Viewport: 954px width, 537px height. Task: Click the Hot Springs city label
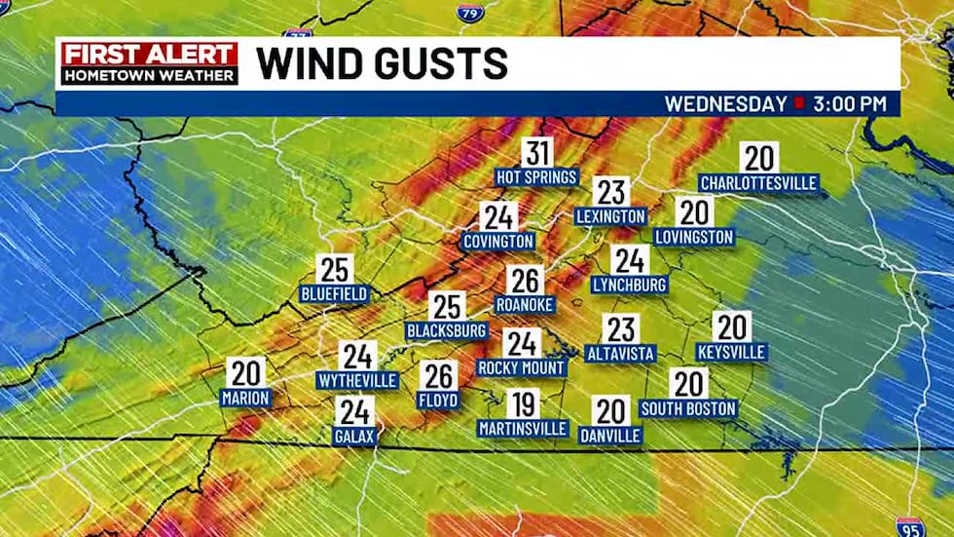(537, 177)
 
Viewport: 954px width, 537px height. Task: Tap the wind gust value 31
(537, 154)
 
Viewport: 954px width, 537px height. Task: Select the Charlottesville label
(758, 182)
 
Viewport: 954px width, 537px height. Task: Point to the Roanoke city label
(525, 305)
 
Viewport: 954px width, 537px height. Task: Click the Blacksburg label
(446, 331)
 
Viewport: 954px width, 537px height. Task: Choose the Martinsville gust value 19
(522, 403)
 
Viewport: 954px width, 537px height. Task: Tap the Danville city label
(610, 436)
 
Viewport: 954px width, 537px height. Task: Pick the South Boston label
(688, 408)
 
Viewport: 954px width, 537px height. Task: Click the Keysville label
(731, 352)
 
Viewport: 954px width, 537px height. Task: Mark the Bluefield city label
(334, 293)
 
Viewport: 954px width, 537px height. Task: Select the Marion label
(245, 398)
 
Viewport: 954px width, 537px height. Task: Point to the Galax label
(354, 436)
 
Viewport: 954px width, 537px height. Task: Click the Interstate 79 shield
(467, 13)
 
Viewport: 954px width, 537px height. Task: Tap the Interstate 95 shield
(910, 527)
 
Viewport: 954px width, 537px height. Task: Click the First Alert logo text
(149, 55)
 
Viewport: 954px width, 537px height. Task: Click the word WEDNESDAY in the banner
(726, 103)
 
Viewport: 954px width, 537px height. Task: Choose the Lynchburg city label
(630, 285)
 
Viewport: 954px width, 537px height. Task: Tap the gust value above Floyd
(439, 375)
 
